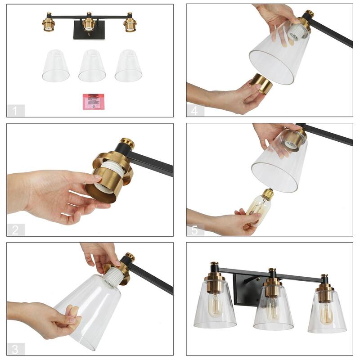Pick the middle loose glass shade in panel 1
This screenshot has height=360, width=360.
(x=92, y=66)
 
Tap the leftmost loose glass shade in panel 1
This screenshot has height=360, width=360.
(x=56, y=66)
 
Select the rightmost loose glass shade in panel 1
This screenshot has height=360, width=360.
(x=128, y=66)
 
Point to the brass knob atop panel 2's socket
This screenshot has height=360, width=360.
(x=127, y=143)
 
